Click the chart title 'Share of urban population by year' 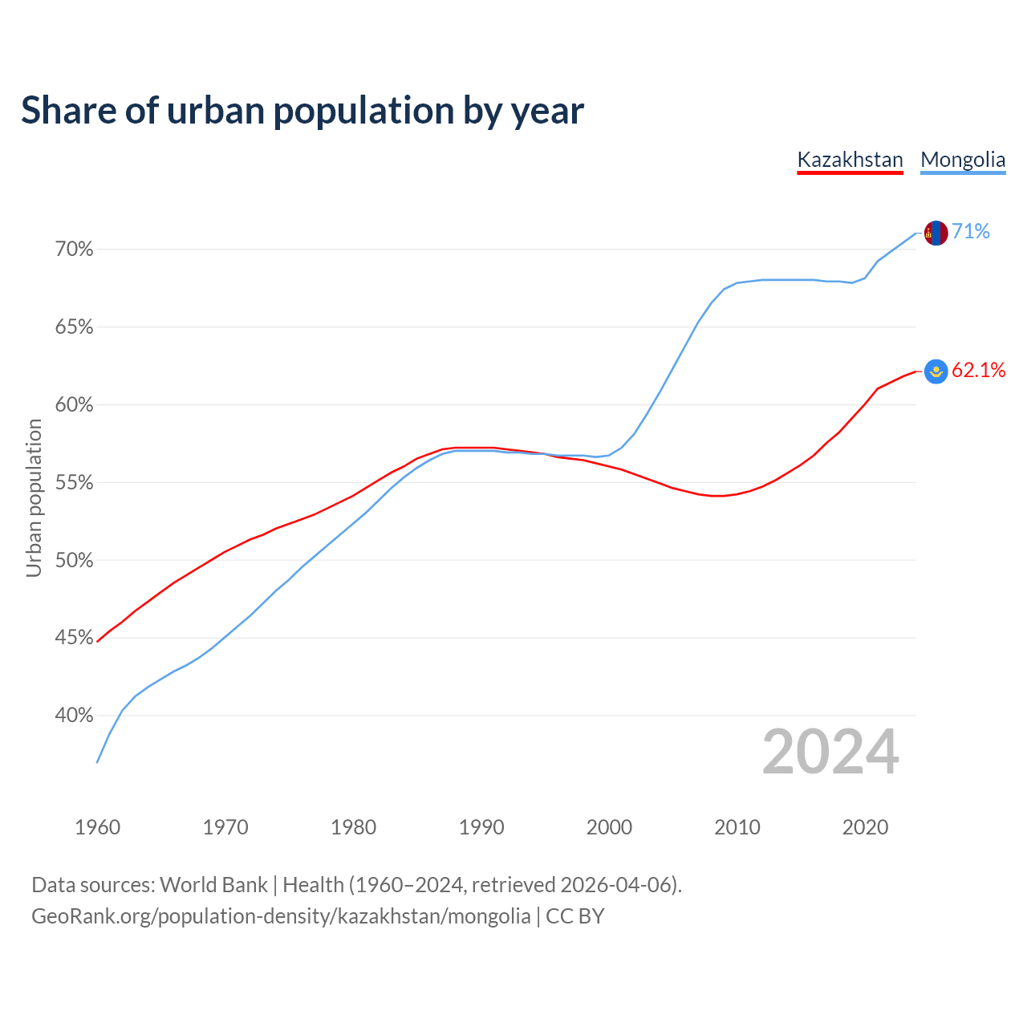coord(302,111)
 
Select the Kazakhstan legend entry coord(850,160)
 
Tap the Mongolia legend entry coord(963,160)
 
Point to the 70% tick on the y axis coord(75,250)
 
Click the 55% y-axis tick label coord(75,483)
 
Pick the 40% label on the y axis coord(75,716)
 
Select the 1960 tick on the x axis coord(98,827)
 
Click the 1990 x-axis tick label coord(481,827)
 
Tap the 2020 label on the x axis coord(865,827)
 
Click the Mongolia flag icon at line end coord(936,233)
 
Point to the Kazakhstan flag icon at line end coord(936,371)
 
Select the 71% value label coord(971,232)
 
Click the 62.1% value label coord(979,370)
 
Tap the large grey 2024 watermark coord(830,753)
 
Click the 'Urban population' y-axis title coord(34,497)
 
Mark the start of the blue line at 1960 coord(98,761)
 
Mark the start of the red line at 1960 coord(98,641)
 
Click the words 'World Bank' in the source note coord(213,885)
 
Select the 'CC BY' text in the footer coord(575,916)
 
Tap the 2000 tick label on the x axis coord(609,827)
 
